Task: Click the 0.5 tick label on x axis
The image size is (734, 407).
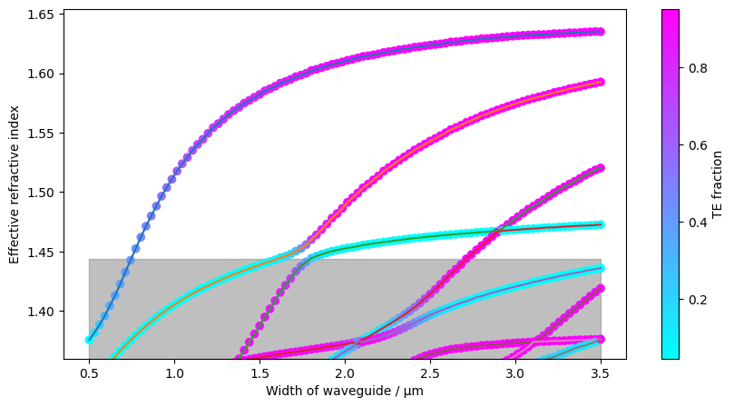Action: (89, 373)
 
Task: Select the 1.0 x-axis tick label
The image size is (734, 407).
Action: (174, 373)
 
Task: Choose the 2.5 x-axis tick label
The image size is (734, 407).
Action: (430, 373)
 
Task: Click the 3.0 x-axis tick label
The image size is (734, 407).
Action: (515, 373)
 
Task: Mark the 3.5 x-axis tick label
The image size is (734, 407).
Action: (601, 373)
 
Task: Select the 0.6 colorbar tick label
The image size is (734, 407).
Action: (694, 144)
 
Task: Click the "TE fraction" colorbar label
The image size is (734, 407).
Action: (718, 184)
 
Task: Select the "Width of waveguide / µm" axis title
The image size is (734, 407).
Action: (345, 391)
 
